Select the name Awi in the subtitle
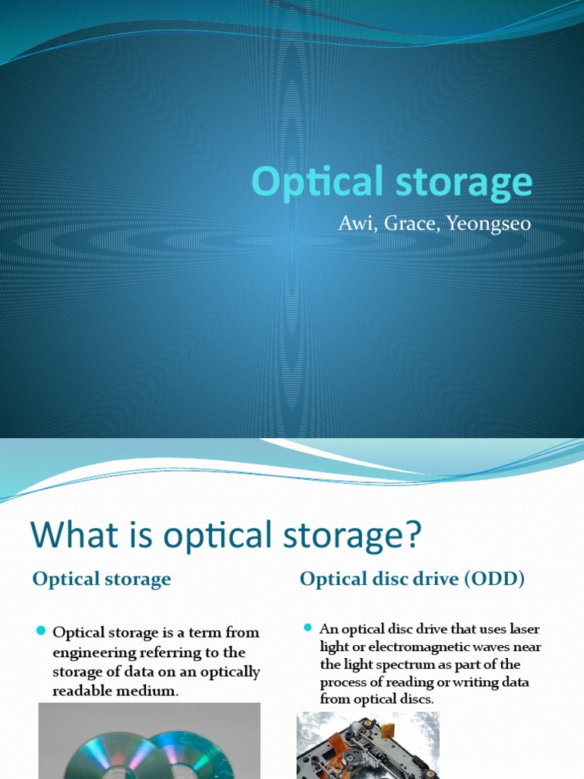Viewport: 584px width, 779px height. pyautogui.click(x=353, y=224)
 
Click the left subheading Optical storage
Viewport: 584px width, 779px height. pyautogui.click(x=102, y=579)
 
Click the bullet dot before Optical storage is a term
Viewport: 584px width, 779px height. pyautogui.click(x=42, y=631)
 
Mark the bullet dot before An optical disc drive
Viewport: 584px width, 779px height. pyautogui.click(x=308, y=628)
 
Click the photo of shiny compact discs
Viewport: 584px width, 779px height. pyautogui.click(x=149, y=742)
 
